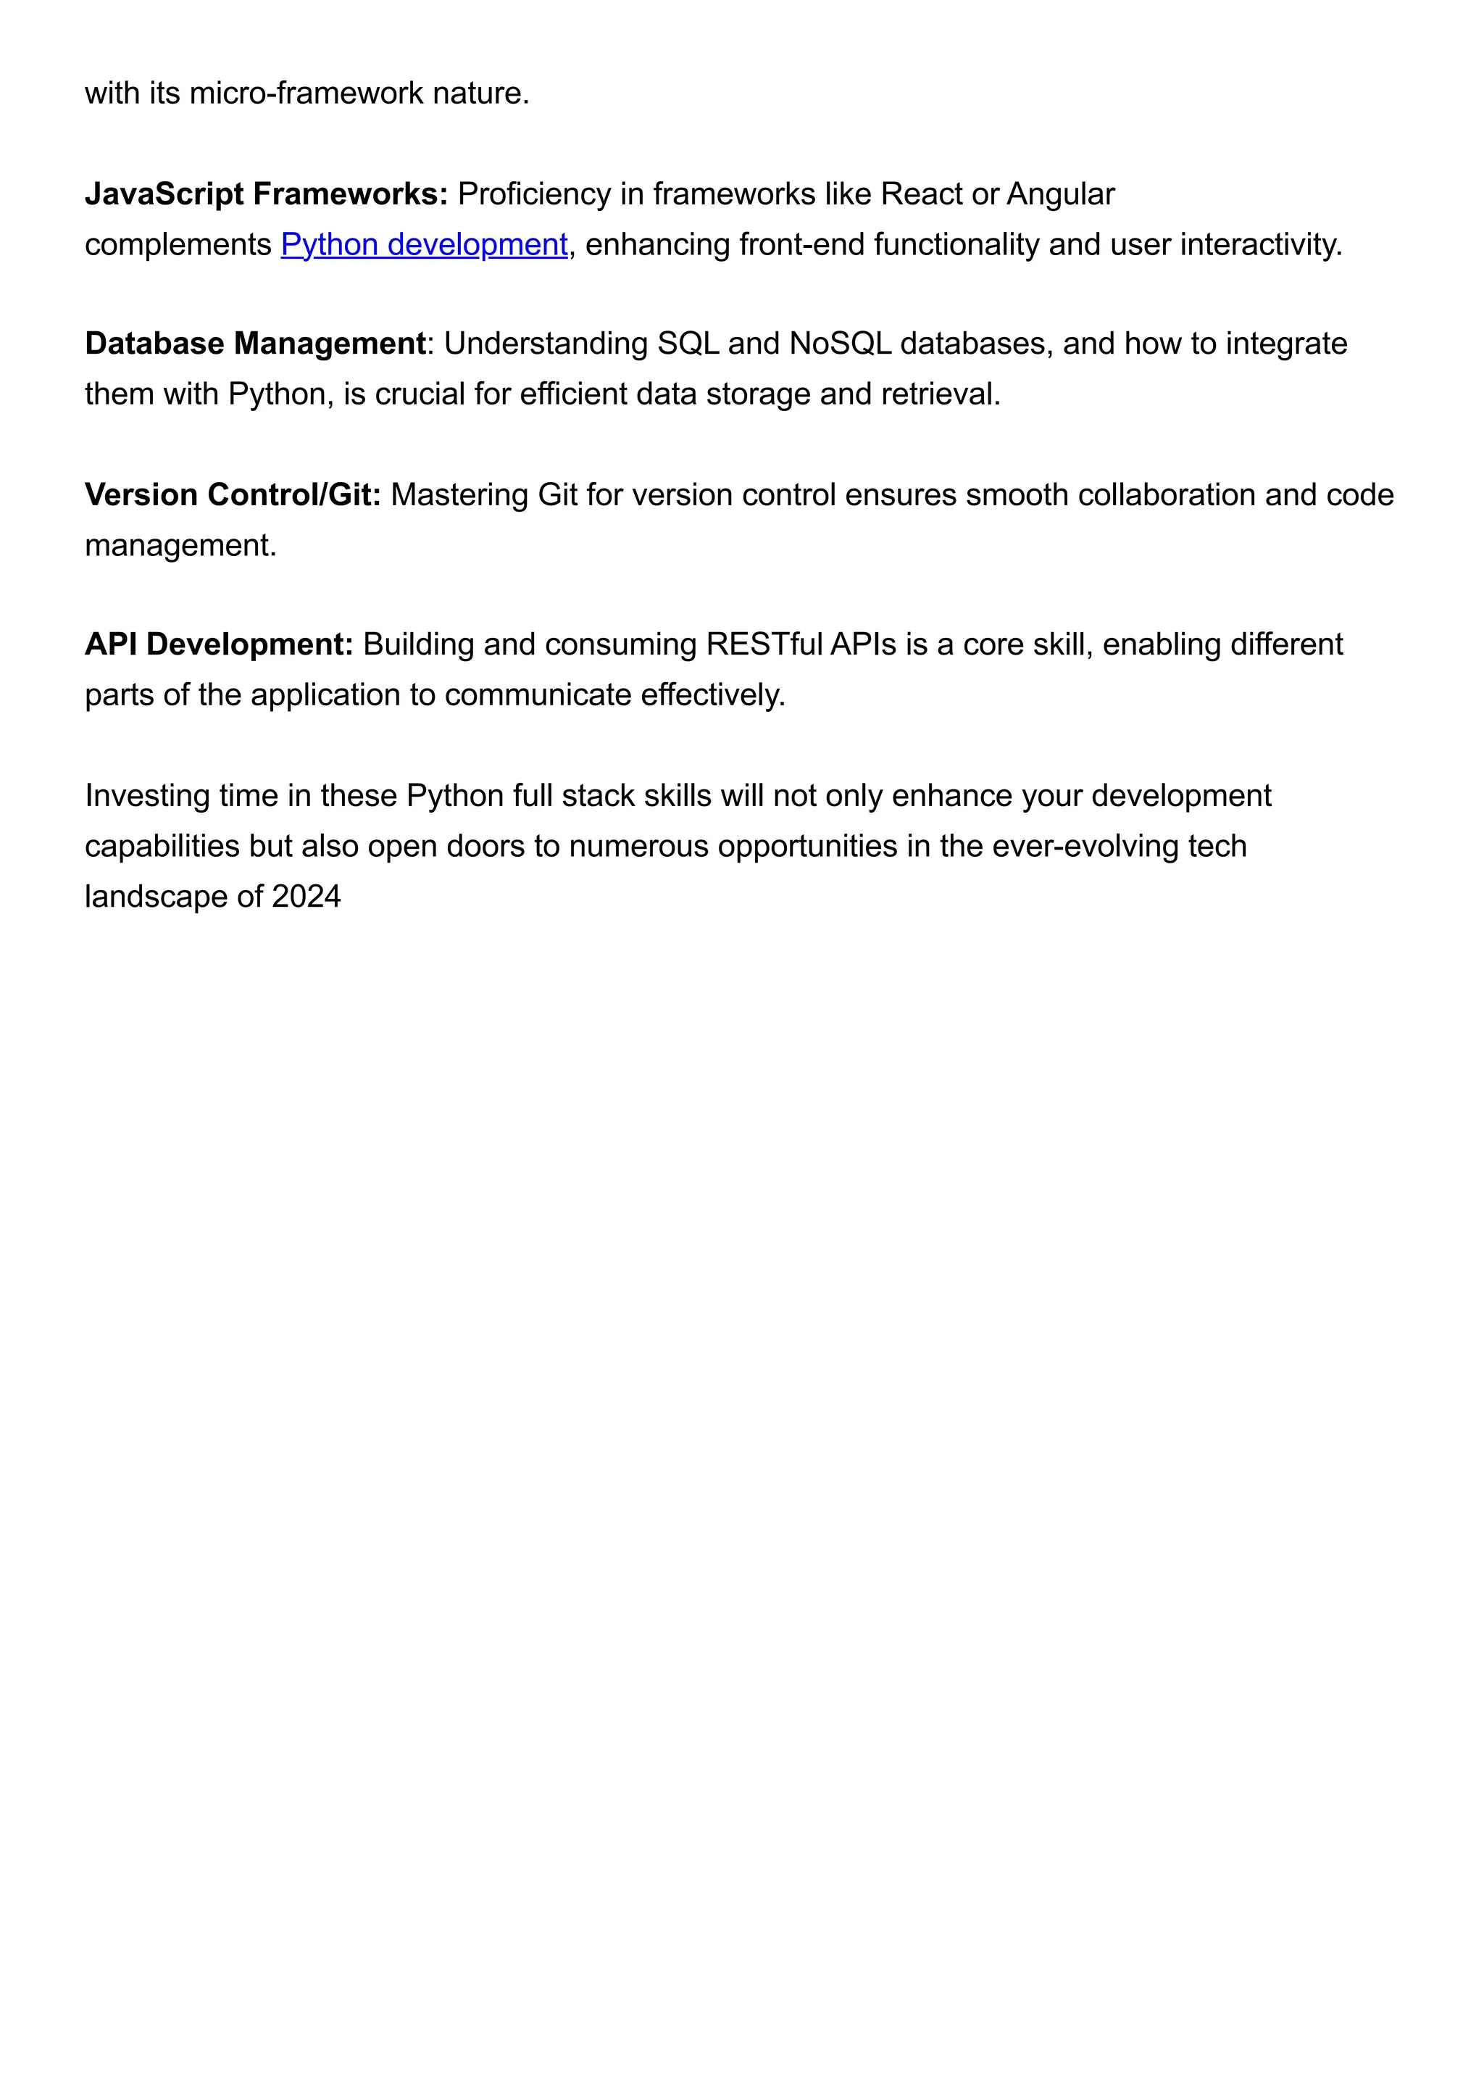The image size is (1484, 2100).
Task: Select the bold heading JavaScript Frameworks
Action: coord(265,195)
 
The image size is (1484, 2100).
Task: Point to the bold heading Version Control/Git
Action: coord(233,495)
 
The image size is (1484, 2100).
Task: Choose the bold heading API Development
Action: coord(219,645)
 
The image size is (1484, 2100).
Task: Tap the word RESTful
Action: coord(764,645)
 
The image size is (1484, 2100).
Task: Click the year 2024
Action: coord(305,897)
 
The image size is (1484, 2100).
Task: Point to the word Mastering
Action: coord(459,495)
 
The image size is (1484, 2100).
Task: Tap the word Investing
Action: coord(147,796)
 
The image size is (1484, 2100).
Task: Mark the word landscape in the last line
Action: coord(157,897)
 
